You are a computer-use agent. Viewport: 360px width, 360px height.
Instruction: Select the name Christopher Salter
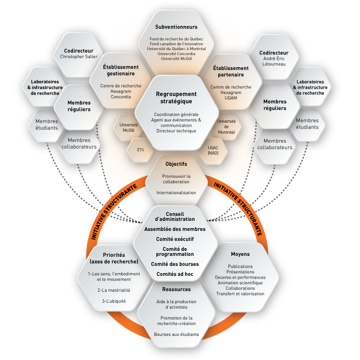coord(79,57)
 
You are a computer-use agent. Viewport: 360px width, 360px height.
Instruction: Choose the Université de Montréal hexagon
coord(226,127)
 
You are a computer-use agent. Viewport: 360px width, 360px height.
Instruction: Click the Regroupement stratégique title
coord(174,97)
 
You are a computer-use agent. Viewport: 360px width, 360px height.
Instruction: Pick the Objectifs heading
coord(176,164)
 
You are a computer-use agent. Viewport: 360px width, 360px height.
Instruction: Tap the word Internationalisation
coord(176,193)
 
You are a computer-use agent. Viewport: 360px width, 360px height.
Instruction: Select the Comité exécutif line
coord(175,239)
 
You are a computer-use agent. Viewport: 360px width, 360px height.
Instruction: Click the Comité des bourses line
coord(175,264)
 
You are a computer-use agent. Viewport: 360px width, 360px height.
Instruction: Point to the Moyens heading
coord(240,254)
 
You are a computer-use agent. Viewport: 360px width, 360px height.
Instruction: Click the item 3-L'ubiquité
coord(114,301)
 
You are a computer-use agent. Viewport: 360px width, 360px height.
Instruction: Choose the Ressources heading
coord(176,289)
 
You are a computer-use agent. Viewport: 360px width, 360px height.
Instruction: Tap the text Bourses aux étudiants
coord(176,335)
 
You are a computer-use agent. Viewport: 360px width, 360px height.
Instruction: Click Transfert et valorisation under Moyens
coord(240,294)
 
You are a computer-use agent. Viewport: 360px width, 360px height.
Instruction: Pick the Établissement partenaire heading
coord(228,71)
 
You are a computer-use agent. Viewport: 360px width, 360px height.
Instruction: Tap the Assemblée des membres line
coord(175,229)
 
